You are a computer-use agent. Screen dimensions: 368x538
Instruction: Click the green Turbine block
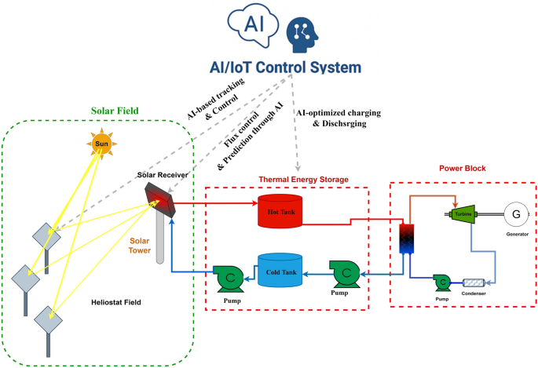(x=461, y=213)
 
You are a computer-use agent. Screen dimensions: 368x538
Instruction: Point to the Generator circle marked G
(x=516, y=213)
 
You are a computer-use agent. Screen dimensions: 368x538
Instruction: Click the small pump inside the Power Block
(x=443, y=280)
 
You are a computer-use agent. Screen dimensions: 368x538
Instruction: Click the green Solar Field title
(x=115, y=111)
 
